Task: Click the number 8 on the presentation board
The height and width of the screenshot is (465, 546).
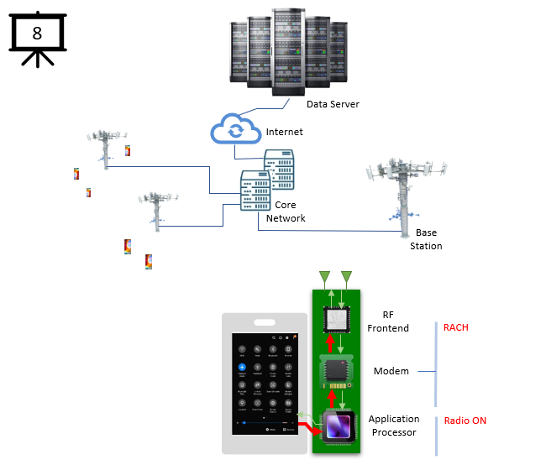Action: coord(36,34)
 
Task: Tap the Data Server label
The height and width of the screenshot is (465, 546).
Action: coord(333,104)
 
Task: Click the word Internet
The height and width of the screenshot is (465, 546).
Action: coord(284,132)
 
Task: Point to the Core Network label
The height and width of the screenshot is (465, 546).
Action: coord(286,212)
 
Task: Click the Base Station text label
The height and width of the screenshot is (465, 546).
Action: coord(426,239)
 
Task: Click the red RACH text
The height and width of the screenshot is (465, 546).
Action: coord(457,327)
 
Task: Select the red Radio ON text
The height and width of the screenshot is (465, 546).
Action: coord(465,421)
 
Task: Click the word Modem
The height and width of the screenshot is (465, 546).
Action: coord(391,371)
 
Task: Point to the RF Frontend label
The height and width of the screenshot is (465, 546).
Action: coord(388,321)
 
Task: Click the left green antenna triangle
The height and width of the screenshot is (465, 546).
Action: coord(325,278)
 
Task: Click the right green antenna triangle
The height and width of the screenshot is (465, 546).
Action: coord(346,278)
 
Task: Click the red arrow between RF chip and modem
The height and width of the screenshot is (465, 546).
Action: coord(329,343)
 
